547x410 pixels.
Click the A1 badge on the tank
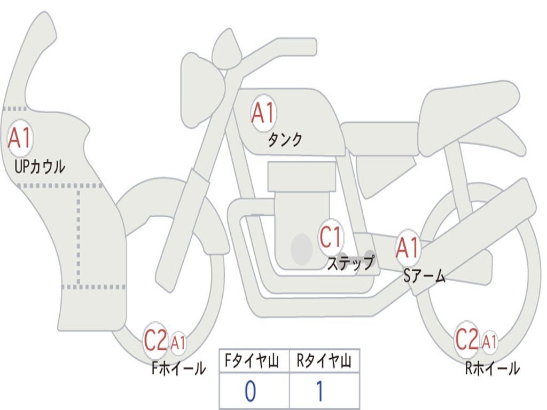point(263,113)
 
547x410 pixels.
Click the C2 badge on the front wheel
point(156,341)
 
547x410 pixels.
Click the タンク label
point(285,140)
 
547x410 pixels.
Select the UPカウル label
point(40,167)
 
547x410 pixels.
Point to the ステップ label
point(350,263)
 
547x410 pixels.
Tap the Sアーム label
point(424,275)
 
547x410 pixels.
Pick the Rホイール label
point(492,368)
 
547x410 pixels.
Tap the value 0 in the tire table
point(251,391)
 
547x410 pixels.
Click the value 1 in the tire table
point(319,391)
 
